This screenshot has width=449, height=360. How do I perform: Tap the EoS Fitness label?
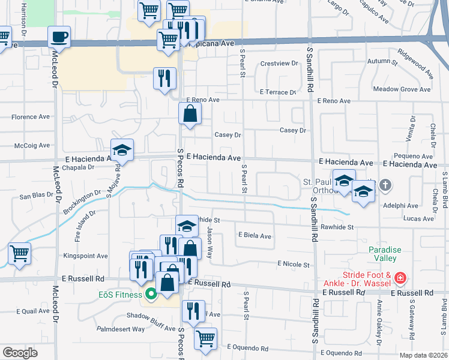coord(120,294)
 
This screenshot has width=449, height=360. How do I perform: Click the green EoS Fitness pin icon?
coord(151,294)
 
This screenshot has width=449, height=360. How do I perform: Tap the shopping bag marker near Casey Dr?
coord(190,113)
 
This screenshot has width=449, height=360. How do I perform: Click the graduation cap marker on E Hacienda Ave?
coord(122,151)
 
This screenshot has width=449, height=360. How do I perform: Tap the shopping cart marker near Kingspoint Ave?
coord(19,254)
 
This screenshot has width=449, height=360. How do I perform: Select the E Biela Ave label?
coord(255,236)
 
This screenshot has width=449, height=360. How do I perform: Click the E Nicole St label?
coord(293,264)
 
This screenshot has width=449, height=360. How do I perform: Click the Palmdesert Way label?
coord(122,329)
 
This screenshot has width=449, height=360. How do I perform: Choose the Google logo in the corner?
coord(20,353)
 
